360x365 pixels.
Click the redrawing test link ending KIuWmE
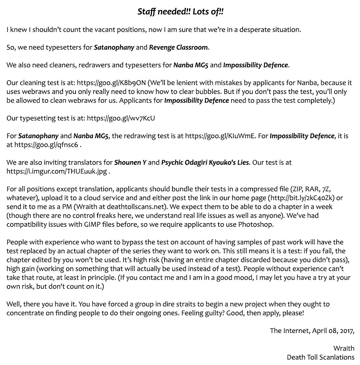click(222, 136)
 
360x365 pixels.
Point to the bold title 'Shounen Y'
click(130, 162)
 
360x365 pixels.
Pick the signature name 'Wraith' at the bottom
click(343, 348)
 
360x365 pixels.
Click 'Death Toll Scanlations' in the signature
click(320, 357)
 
